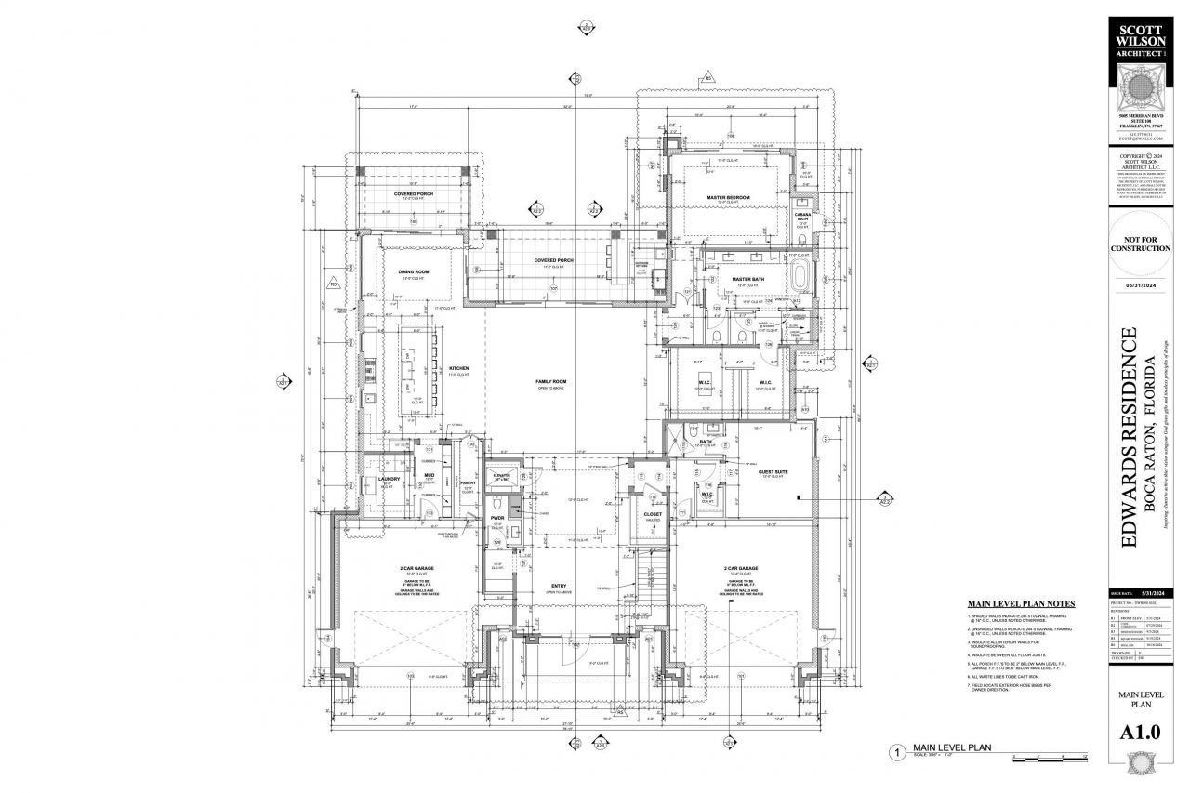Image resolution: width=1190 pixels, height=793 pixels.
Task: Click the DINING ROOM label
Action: point(414,272)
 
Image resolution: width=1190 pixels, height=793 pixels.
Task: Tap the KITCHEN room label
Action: point(459,368)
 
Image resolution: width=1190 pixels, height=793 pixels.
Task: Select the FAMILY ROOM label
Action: point(550,382)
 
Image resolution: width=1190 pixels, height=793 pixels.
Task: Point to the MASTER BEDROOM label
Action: point(728,197)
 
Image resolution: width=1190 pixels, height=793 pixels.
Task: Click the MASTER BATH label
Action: point(747,278)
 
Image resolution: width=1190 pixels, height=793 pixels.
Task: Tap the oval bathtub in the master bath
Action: point(800,278)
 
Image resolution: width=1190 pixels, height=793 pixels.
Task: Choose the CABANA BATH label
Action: point(803,217)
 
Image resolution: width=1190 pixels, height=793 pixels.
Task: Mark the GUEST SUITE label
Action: point(749,471)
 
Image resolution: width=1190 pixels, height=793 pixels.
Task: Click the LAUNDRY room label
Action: point(389,479)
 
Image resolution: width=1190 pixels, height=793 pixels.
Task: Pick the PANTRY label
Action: point(468,483)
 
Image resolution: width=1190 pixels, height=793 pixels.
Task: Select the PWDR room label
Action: point(496,519)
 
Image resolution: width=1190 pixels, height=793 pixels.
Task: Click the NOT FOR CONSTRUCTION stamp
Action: point(1140,244)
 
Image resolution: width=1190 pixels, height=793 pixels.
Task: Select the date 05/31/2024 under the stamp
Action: point(1140,285)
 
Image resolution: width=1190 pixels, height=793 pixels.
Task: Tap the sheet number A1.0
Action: point(1140,733)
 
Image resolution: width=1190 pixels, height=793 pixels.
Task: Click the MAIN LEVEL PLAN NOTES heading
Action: point(1022,603)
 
